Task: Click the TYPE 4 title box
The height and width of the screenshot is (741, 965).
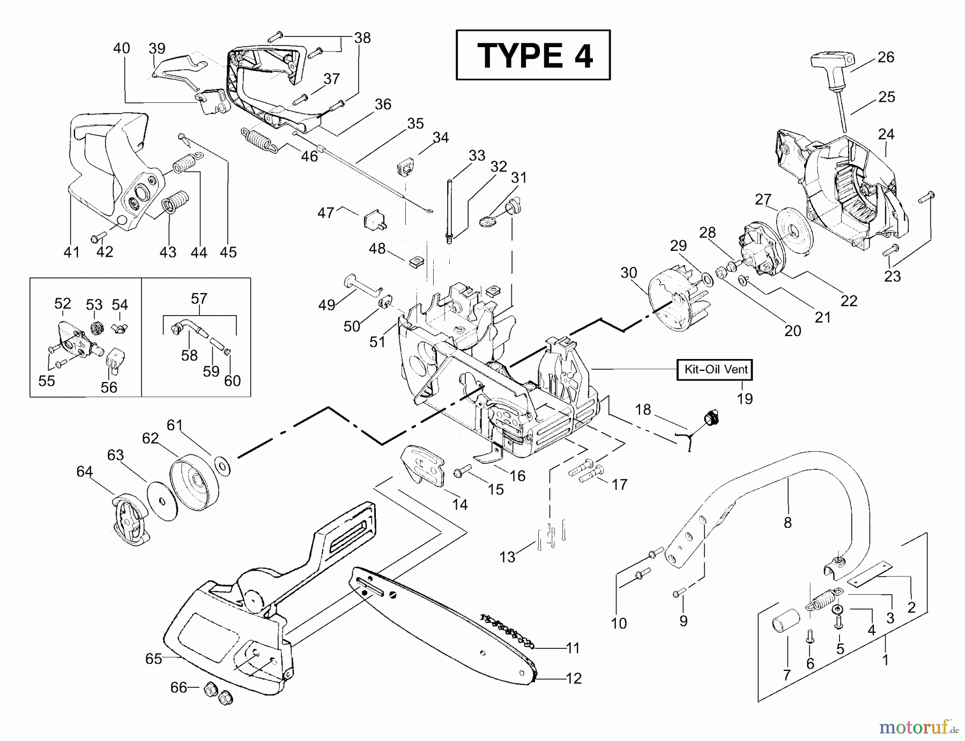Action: (533, 55)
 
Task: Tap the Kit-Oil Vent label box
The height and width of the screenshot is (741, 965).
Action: (715, 369)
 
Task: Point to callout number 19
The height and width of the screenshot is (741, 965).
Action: (745, 399)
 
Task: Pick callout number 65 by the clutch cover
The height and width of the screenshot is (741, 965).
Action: (153, 658)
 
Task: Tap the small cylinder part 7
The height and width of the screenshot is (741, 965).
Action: (785, 624)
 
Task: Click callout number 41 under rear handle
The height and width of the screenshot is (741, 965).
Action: (71, 252)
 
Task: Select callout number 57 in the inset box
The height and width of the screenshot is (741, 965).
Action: (199, 298)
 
